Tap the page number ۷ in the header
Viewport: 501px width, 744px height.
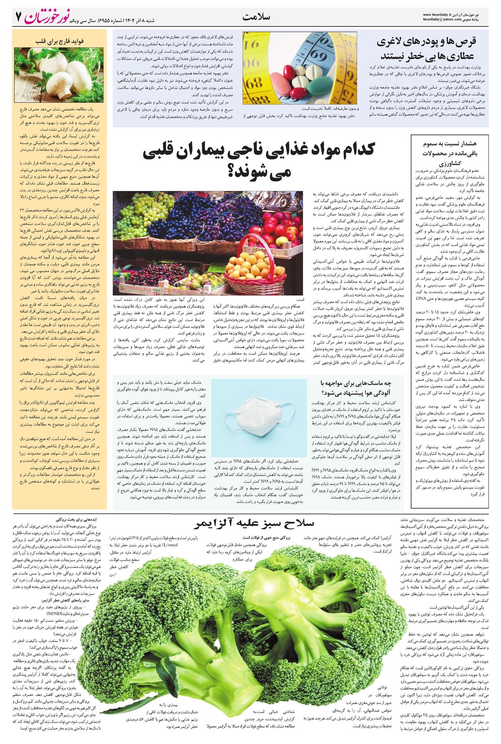click(18, 18)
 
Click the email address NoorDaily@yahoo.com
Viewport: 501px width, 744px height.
click(443, 20)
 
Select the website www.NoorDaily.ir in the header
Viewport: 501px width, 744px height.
click(440, 14)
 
